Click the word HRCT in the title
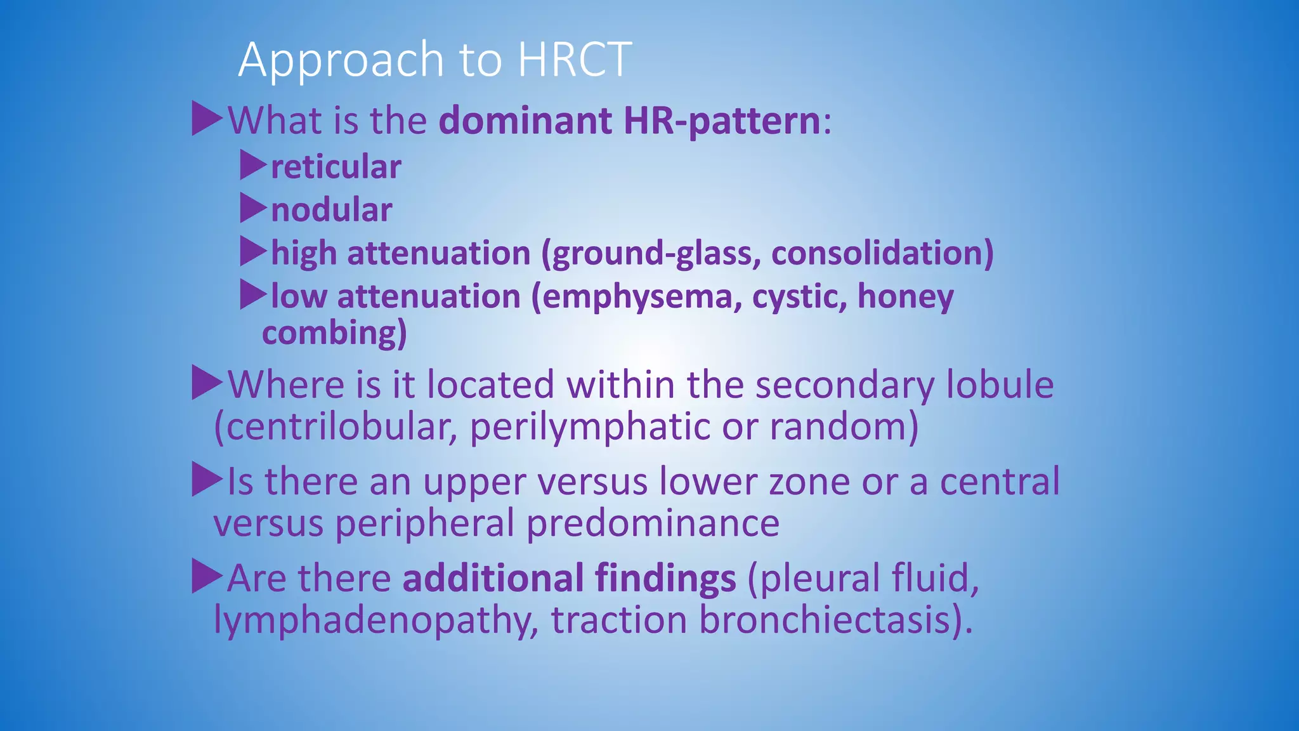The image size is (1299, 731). (575, 59)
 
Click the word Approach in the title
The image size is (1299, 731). (341, 60)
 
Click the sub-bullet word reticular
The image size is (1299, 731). (336, 167)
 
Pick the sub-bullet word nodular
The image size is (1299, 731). (332, 210)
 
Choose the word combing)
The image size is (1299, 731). (334, 333)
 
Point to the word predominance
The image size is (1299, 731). (653, 524)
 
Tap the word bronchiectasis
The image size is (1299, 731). (835, 620)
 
